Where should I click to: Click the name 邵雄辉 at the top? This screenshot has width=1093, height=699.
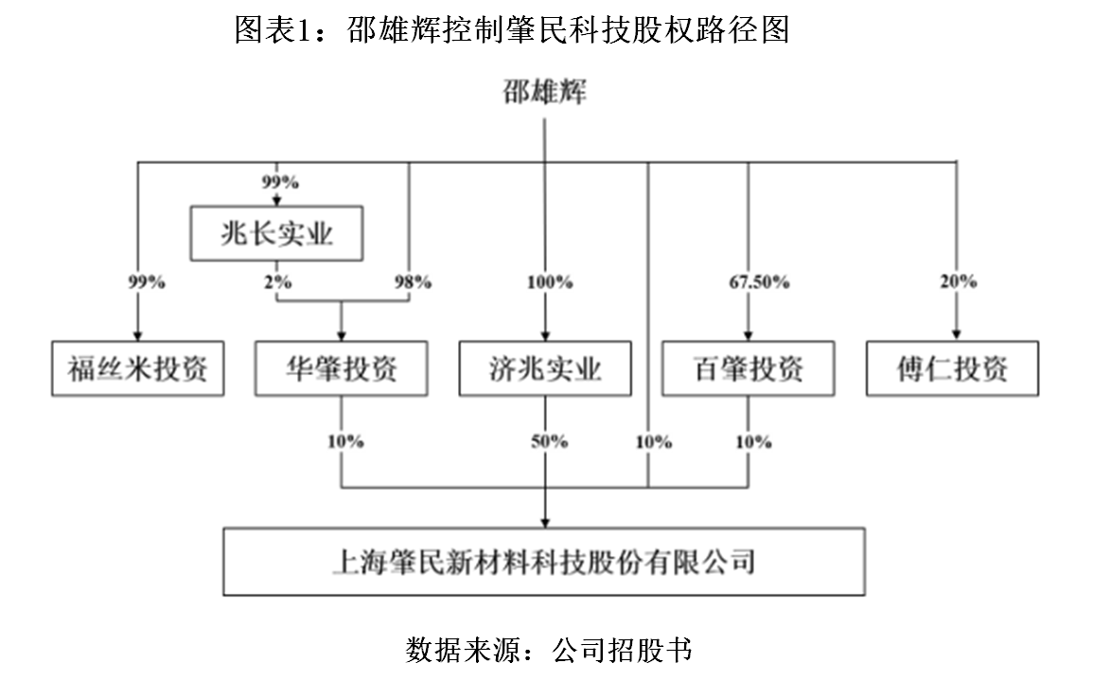[x=544, y=93]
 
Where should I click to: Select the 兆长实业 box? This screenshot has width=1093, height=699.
[x=277, y=234]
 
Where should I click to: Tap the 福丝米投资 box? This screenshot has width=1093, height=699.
[x=138, y=368]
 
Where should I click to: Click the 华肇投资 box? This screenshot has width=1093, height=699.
[x=341, y=368]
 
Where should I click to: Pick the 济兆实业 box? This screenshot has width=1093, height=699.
[x=545, y=368]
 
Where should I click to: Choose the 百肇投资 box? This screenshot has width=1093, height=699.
[x=749, y=368]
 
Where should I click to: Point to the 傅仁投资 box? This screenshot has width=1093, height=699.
[x=952, y=368]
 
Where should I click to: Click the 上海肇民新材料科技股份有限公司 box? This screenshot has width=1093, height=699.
[x=544, y=562]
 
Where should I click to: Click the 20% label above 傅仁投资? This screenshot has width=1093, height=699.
[x=959, y=282]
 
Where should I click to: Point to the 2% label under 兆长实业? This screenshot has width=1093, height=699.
[x=278, y=282]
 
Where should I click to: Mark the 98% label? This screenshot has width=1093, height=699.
[x=413, y=282]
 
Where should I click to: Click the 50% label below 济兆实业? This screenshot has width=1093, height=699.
[x=550, y=441]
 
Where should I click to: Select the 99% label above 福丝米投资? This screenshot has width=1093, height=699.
[x=147, y=282]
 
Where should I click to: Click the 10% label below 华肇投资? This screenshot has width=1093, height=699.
[x=346, y=441]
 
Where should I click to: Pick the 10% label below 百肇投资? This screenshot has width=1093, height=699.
[x=753, y=441]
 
